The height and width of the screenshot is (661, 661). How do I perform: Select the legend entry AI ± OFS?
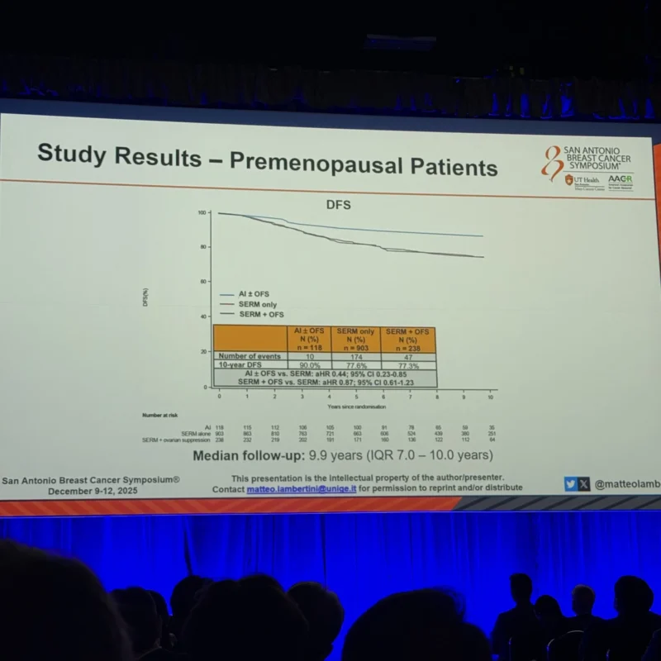[x=254, y=294]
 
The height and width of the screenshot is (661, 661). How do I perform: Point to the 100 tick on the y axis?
[x=202, y=213]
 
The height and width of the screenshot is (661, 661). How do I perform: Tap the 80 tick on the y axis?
[x=202, y=247]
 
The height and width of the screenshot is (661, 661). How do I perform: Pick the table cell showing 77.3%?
[x=408, y=365]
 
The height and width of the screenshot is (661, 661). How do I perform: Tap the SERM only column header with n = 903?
[x=355, y=338]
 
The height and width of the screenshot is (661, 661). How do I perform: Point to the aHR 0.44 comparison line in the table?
[x=325, y=374]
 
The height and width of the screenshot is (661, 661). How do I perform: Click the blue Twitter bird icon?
[x=570, y=485]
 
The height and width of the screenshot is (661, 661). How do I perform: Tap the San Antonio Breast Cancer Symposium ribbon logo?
[x=551, y=163]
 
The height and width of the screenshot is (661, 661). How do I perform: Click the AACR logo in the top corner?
[x=620, y=181]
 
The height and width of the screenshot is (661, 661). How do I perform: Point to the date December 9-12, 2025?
[x=93, y=490]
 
